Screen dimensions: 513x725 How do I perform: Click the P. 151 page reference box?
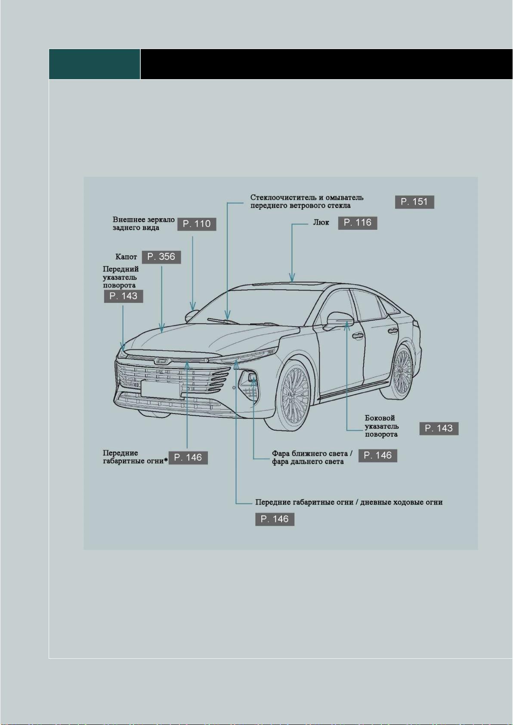click(x=414, y=202)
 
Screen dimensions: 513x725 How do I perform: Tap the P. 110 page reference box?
click(x=196, y=224)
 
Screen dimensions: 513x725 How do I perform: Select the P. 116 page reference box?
click(x=358, y=223)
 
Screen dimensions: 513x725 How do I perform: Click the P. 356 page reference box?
click(x=161, y=257)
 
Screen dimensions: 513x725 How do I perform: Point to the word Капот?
click(x=126, y=257)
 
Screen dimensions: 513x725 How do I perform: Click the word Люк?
click(x=321, y=223)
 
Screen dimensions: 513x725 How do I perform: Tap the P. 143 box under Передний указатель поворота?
click(x=124, y=296)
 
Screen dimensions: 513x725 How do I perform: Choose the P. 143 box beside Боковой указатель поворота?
click(x=439, y=429)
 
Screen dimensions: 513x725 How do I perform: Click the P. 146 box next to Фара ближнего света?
click(x=378, y=455)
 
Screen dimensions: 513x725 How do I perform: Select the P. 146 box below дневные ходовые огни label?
click(x=275, y=519)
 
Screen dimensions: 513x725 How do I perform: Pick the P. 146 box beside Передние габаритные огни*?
click(x=188, y=458)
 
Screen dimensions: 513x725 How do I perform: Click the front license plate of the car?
click(x=161, y=389)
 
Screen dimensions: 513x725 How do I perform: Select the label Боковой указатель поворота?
click(x=382, y=426)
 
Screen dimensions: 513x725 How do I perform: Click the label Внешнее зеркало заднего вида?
click(x=143, y=223)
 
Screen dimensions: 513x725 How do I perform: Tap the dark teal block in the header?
click(x=95, y=64)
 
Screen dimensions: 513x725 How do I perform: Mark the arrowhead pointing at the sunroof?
click(x=292, y=278)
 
